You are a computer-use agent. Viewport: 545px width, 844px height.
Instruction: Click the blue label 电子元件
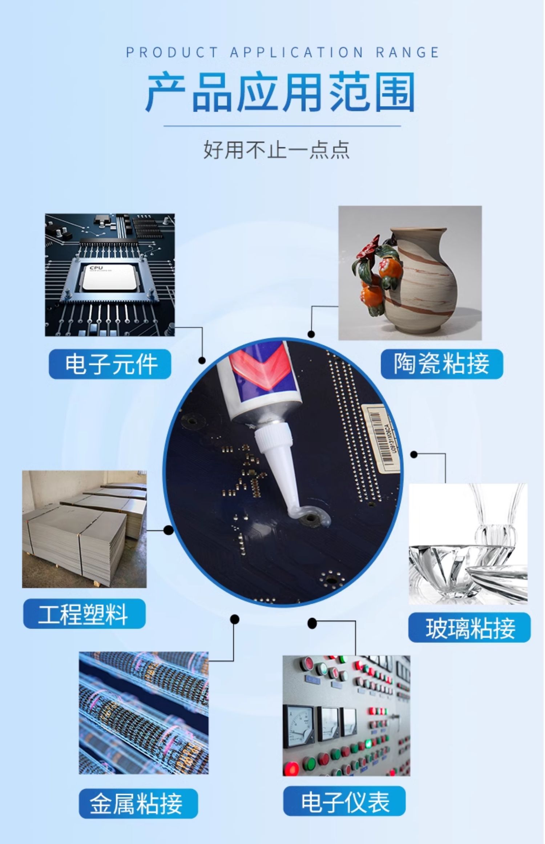pyautogui.click(x=110, y=364)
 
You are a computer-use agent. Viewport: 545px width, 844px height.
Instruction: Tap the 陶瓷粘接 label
pyautogui.click(x=441, y=364)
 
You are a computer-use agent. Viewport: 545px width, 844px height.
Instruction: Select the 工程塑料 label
pyautogui.click(x=84, y=614)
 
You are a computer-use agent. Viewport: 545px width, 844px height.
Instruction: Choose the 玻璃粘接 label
pyautogui.click(x=469, y=628)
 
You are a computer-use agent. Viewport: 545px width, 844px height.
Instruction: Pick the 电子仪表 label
pyautogui.click(x=344, y=801)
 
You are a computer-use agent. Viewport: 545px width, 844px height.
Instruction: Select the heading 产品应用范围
pyautogui.click(x=280, y=92)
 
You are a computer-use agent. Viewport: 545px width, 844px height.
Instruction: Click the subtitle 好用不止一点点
pyautogui.click(x=276, y=149)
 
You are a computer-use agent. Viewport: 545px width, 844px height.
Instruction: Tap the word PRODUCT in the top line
pyautogui.click(x=171, y=53)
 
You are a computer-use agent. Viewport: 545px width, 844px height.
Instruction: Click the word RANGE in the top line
pyautogui.click(x=407, y=53)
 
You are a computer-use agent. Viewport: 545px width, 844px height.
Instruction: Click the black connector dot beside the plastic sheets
pyautogui.click(x=168, y=530)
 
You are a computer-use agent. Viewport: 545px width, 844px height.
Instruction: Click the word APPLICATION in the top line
pyautogui.click(x=296, y=53)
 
